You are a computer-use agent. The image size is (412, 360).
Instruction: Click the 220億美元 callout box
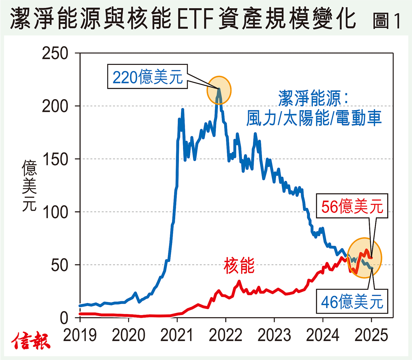[x=147, y=77]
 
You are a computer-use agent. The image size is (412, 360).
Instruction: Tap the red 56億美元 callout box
[x=352, y=206]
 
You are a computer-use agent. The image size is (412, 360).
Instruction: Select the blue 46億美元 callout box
[x=352, y=302]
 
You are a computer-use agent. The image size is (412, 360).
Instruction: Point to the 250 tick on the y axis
[x=55, y=54]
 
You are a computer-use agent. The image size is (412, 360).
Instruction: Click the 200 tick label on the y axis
[x=55, y=106]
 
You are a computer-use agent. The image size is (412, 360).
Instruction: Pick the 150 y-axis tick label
[x=55, y=159]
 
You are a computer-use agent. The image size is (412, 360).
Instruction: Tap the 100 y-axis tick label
[x=55, y=212]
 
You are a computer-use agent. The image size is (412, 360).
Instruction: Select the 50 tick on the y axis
[x=60, y=265]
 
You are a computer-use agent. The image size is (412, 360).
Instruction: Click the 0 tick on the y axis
[x=64, y=318]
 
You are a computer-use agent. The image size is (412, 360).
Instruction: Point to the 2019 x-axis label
[x=80, y=335]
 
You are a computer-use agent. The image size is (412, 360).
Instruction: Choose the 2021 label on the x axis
[x=177, y=335]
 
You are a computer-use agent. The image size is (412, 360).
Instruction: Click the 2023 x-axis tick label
[x=274, y=335]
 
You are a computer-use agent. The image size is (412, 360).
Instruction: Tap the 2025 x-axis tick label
[x=371, y=335]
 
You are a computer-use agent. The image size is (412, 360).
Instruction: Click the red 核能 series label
[x=239, y=266]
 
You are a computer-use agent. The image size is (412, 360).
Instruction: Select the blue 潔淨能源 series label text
[x=313, y=99]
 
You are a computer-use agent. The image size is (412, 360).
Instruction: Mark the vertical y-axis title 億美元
[x=30, y=185]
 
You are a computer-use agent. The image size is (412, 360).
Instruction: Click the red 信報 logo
[x=31, y=341]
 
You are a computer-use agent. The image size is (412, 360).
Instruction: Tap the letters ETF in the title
[x=197, y=19]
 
